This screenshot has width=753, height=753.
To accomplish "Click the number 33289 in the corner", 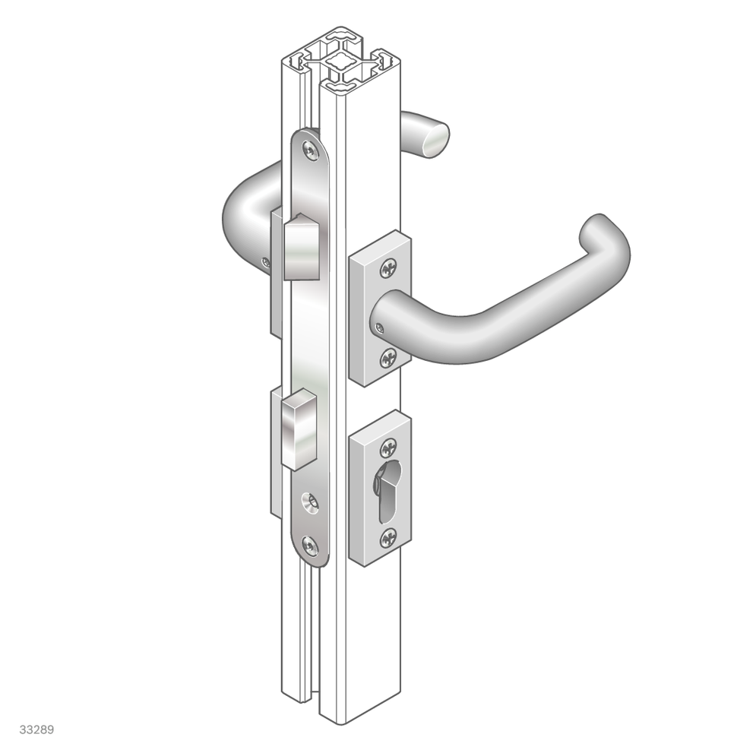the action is [36, 729].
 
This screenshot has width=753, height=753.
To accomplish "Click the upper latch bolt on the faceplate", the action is [302, 246].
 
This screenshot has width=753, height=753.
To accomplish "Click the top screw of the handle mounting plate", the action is [388, 268].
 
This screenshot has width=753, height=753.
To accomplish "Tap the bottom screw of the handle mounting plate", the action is [388, 358].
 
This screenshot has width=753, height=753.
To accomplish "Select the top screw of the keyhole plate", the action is [388, 448].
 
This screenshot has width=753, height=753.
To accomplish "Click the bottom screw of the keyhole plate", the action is [388, 538].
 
